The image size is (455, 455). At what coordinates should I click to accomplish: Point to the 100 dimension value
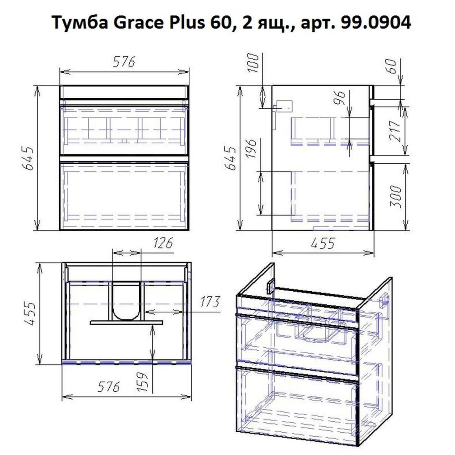tap(254, 64)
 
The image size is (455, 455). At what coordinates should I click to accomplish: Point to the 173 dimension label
tap(209, 302)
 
